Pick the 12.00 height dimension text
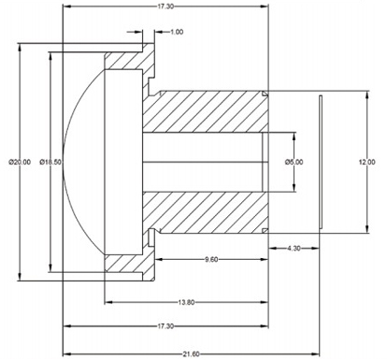click(372, 161)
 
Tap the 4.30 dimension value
click(293, 248)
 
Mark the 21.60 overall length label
click(190, 353)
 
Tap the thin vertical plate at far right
click(321, 161)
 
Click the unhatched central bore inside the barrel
click(201, 161)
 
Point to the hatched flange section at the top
click(126, 65)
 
